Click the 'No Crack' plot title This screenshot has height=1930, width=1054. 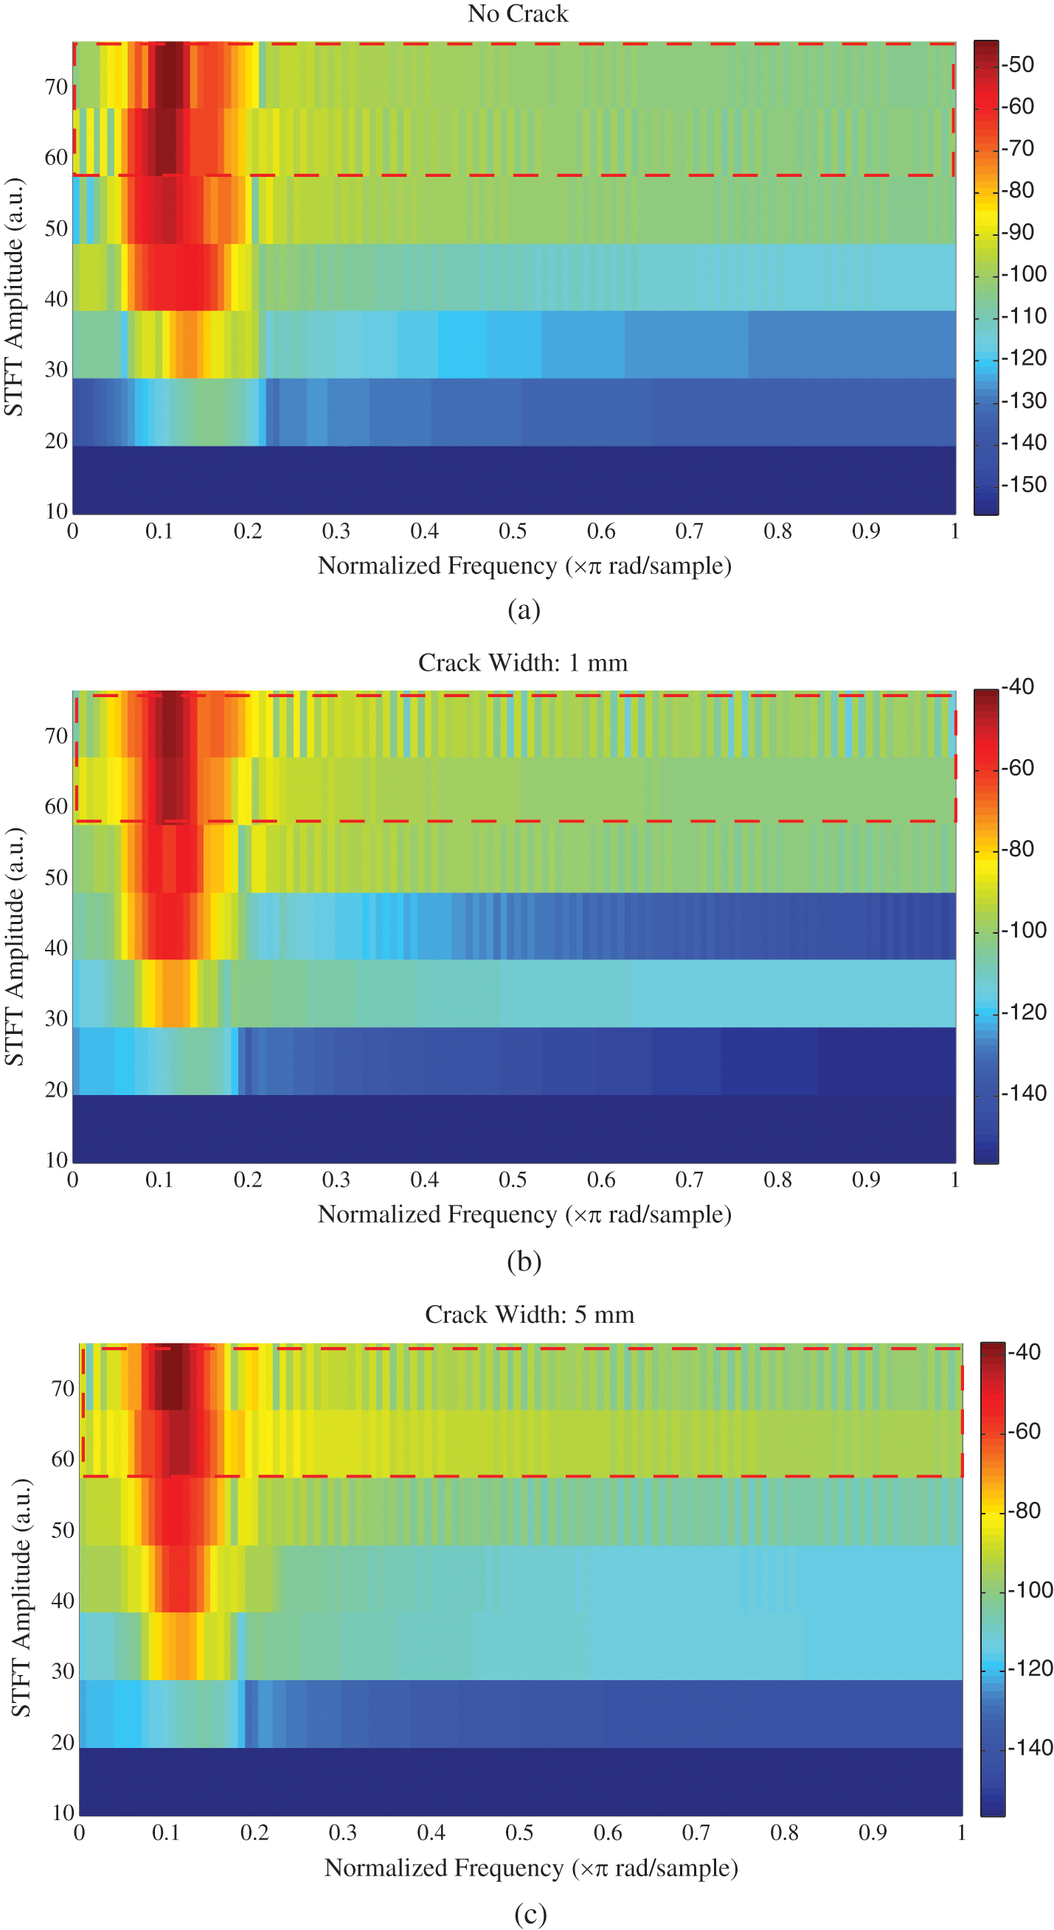click(517, 13)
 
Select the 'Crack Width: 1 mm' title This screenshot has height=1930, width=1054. click(522, 662)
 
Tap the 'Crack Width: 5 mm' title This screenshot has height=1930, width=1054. click(530, 1314)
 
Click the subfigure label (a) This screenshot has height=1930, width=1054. click(523, 609)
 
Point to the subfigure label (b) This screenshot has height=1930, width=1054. click(523, 1261)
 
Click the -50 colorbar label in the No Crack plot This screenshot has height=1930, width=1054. click(1019, 64)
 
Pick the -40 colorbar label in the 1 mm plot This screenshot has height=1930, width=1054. click(1019, 686)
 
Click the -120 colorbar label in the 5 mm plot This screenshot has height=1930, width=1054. click(1030, 1668)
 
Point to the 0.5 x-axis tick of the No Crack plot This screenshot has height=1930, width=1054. click(513, 531)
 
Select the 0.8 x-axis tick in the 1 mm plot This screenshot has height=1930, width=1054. click(777, 1180)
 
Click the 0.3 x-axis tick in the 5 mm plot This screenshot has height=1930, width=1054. click(342, 1833)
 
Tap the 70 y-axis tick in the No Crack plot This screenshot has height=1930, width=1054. click(56, 87)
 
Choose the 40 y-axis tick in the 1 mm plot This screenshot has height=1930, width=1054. click(56, 948)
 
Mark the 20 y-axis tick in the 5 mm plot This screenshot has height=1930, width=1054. click(63, 1742)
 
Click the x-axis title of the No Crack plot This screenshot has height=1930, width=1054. click(524, 566)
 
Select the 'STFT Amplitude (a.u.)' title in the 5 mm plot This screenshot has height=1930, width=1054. click(21, 1598)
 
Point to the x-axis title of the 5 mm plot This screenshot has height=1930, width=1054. click(531, 1868)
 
